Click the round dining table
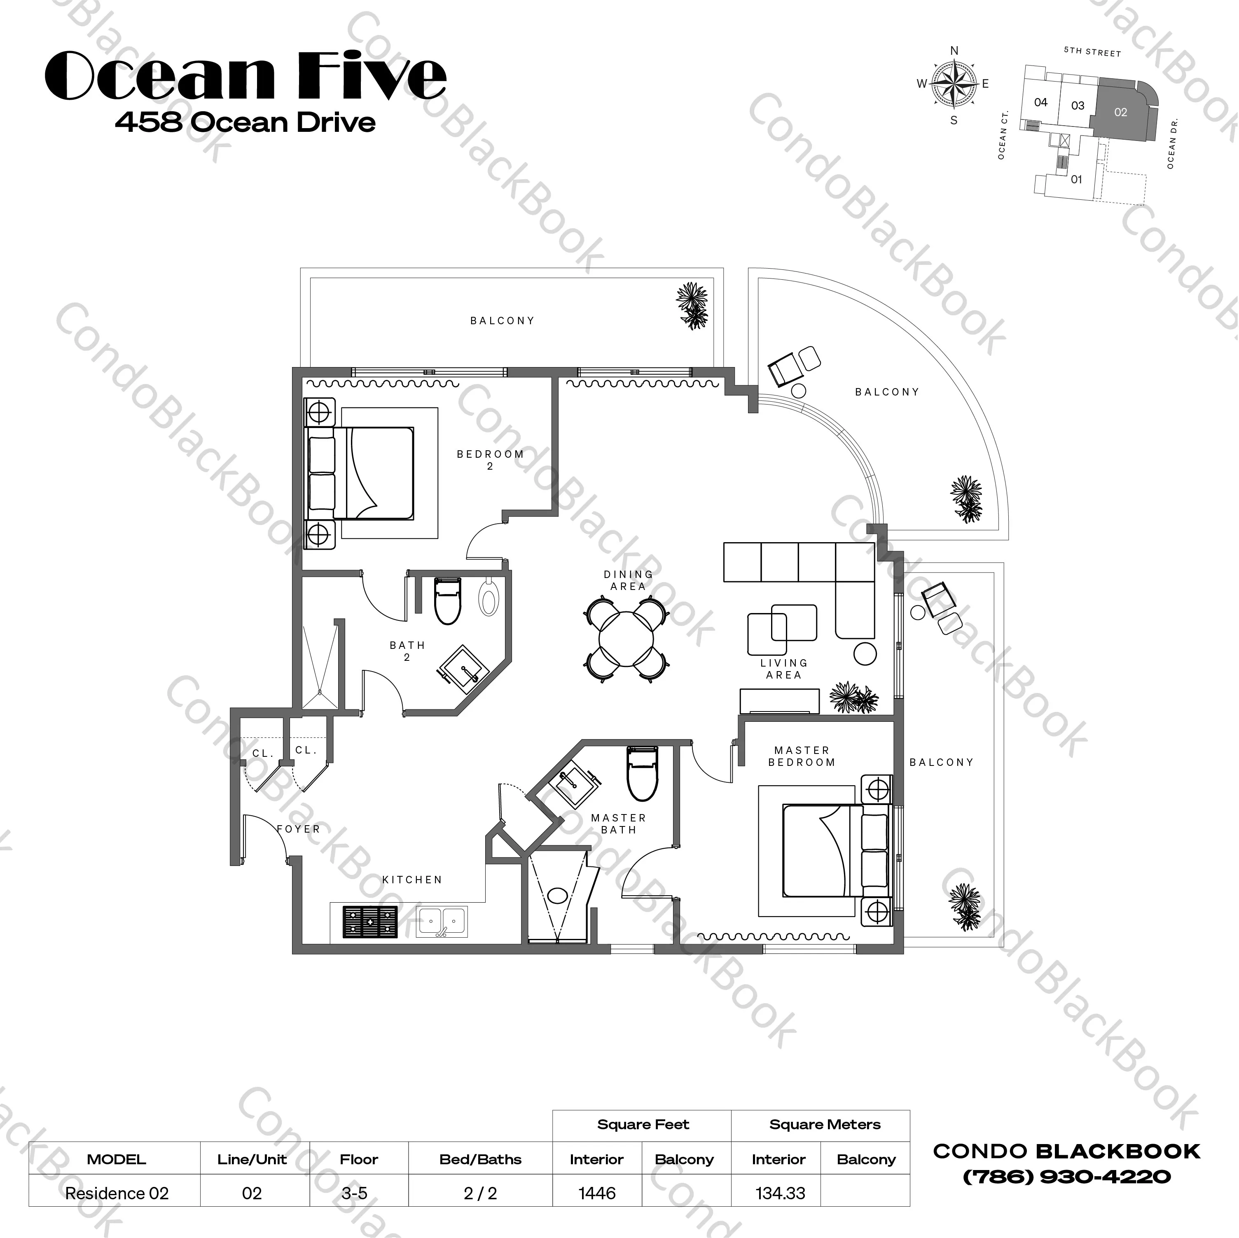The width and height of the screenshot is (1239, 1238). point(627,639)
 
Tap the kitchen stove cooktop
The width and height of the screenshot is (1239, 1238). point(370,922)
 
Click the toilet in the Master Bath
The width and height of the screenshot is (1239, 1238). point(642,773)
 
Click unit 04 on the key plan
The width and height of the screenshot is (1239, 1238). point(1041,102)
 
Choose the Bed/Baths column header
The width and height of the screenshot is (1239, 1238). point(480,1159)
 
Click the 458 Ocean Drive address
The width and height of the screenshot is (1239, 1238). point(245,122)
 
